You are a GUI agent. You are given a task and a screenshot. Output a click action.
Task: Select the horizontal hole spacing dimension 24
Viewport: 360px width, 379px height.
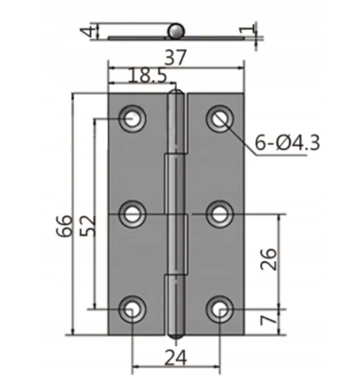point(176,357)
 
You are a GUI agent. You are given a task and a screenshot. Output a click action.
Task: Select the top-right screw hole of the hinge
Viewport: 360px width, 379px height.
point(221,120)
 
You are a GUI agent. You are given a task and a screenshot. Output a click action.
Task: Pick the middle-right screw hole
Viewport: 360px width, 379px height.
point(221,214)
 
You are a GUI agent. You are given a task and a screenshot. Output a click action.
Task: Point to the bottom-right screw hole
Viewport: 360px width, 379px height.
point(221,310)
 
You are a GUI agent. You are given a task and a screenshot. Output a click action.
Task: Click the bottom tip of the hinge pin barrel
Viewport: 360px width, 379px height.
point(175,334)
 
